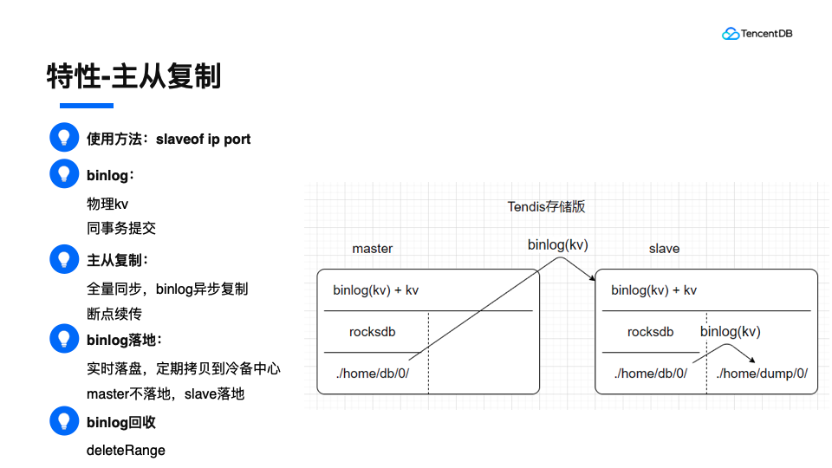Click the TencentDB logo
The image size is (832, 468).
[x=757, y=34]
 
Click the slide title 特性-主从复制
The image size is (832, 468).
[x=134, y=76]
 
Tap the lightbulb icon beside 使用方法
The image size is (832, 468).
[x=62, y=138]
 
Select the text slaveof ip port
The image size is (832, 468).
[x=203, y=139]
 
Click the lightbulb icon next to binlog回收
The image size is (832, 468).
[x=62, y=422]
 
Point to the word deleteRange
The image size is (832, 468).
[x=126, y=450]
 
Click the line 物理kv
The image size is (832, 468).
[x=107, y=205]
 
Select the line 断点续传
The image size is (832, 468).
[x=114, y=314]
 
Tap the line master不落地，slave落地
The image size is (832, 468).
[x=166, y=393]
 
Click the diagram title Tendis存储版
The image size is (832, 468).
[x=546, y=206]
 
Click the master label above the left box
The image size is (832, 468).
[x=372, y=249]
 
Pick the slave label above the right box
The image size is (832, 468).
[x=664, y=249]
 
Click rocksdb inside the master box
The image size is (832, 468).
[x=373, y=332]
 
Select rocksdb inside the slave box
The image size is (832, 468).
[x=650, y=332]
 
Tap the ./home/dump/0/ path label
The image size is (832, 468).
[x=762, y=374]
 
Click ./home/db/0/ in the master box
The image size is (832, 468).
[x=372, y=374]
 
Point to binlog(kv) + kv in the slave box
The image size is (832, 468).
[x=653, y=290]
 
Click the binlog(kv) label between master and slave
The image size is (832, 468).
[x=557, y=245]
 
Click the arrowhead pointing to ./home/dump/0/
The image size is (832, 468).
[x=753, y=360]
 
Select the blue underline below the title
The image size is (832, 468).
[x=86, y=106]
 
